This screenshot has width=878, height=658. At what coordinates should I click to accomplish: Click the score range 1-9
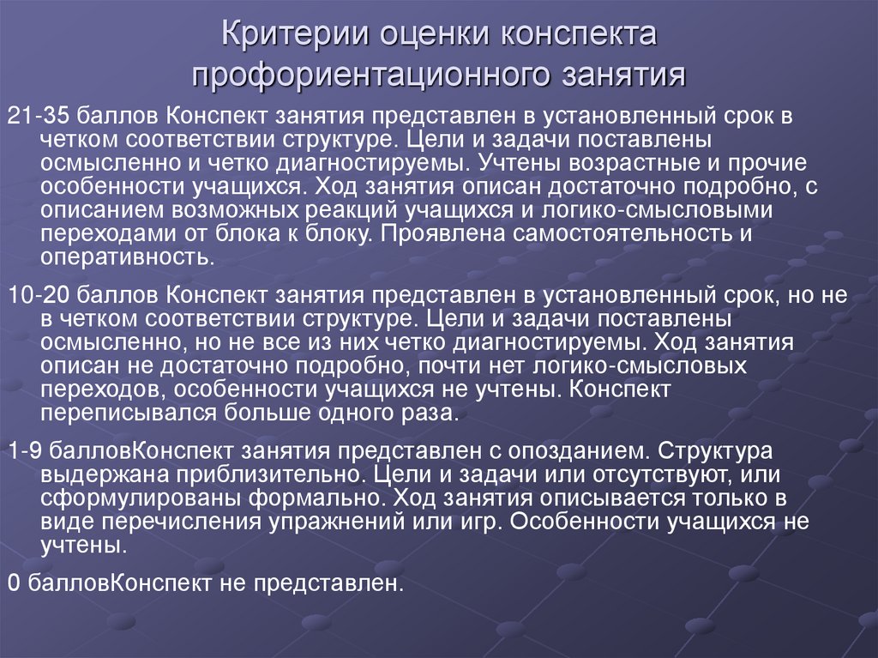22,452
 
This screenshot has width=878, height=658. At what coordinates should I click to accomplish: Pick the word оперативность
108,256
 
